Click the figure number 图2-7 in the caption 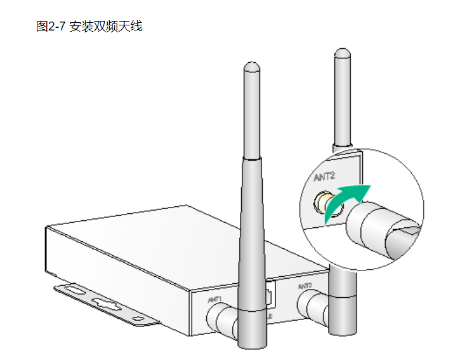[52, 26]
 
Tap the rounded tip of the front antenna [251, 66]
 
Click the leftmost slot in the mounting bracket [74, 291]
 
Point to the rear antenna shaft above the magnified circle [343, 102]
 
